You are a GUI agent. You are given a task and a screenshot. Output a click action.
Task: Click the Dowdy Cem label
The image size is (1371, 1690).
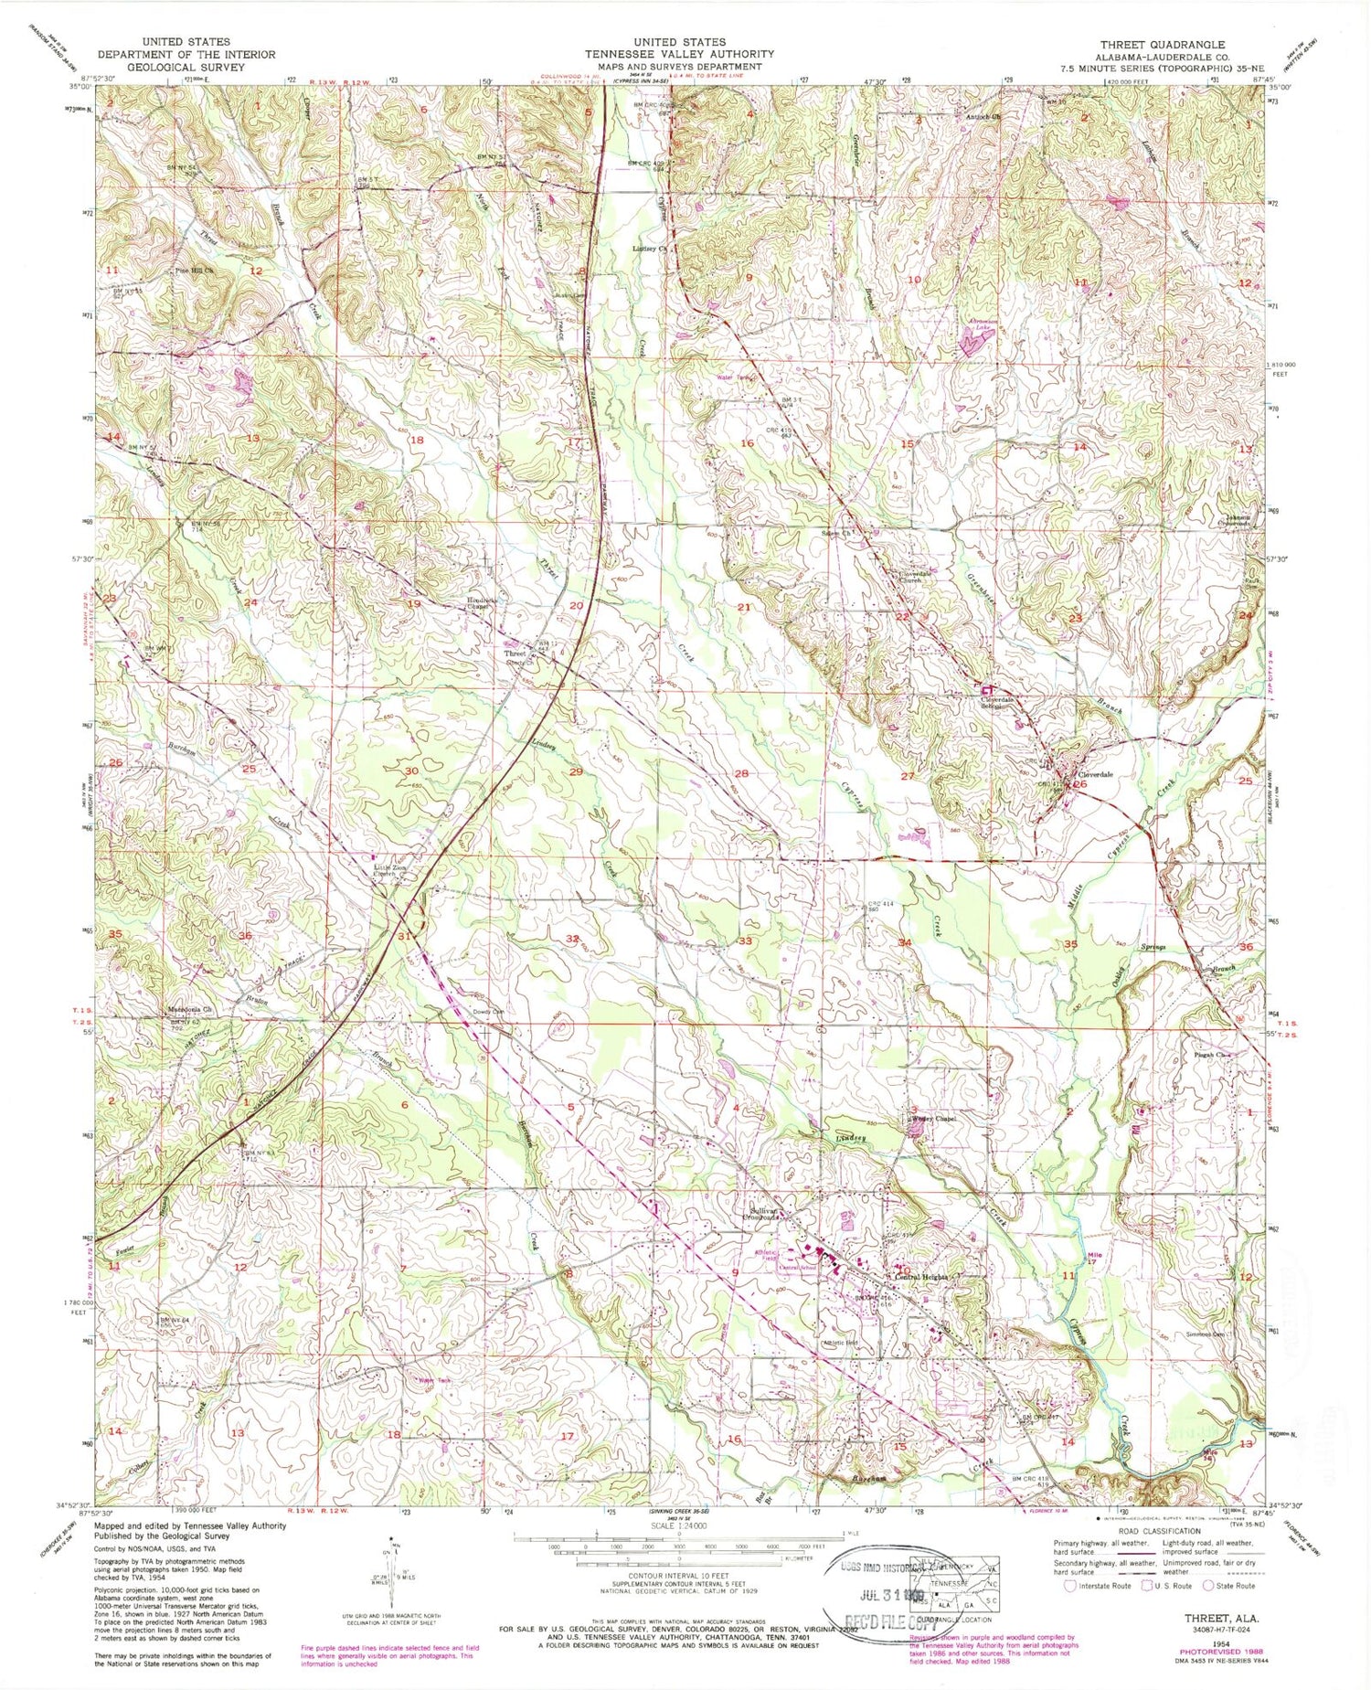coord(489,1012)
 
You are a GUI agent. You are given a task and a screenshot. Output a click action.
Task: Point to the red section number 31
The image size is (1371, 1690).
coord(403,935)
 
